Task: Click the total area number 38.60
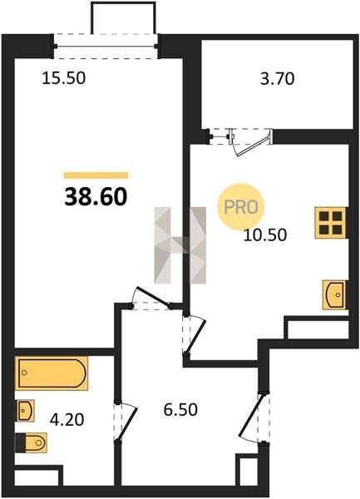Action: pyautogui.click(x=96, y=196)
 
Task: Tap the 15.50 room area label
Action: pyautogui.click(x=64, y=78)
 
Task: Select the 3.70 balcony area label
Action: pyautogui.click(x=278, y=79)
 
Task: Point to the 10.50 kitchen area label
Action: pyautogui.click(x=265, y=235)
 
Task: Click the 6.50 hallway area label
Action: pyautogui.click(x=180, y=409)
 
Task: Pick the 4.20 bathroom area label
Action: pyautogui.click(x=67, y=420)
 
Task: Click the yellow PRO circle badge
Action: pyautogui.click(x=241, y=207)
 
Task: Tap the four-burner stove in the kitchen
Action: pyautogui.click(x=330, y=222)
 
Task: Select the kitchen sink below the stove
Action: pyautogui.click(x=334, y=294)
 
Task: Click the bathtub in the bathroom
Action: pyautogui.click(x=52, y=373)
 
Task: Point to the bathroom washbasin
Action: pyautogui.click(x=24, y=411)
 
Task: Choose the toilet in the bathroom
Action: pyautogui.click(x=31, y=442)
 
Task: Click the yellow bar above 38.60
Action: pyautogui.click(x=96, y=175)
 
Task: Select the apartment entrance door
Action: pyautogui.click(x=254, y=417)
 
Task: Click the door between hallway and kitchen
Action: pyautogui.click(x=194, y=334)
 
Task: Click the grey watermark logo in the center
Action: pyautogui.click(x=180, y=245)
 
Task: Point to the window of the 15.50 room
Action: pyautogui.click(x=106, y=46)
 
